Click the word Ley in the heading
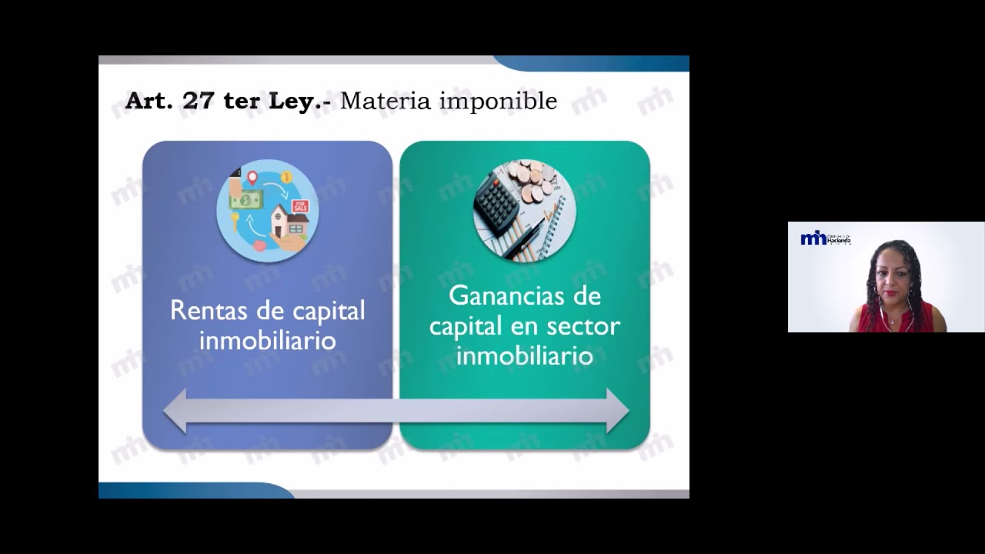294,102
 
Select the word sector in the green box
583,326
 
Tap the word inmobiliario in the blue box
267,341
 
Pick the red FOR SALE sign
299,206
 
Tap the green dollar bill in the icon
246,201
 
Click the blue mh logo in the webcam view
813,239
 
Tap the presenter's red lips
893,294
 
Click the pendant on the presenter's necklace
893,320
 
